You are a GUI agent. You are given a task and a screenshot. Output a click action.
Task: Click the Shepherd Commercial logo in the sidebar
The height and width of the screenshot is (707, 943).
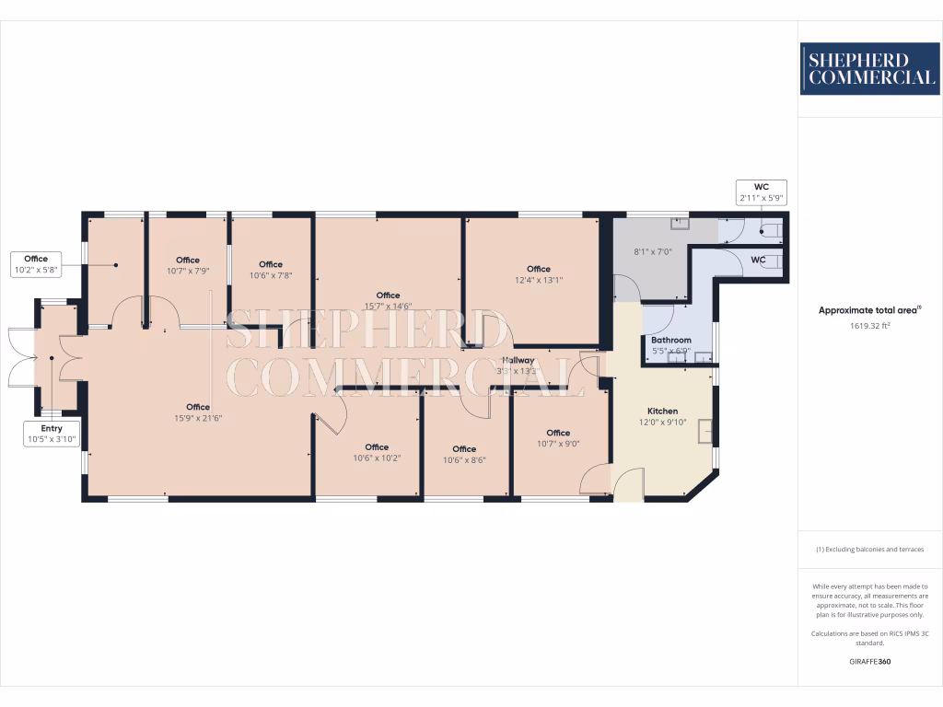coord(869,69)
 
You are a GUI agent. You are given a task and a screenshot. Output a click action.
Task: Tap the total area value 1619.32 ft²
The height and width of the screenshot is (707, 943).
coord(869,326)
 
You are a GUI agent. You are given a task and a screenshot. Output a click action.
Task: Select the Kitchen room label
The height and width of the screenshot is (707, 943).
coord(662,411)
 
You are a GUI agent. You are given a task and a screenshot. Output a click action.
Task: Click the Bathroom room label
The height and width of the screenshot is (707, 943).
coord(670,340)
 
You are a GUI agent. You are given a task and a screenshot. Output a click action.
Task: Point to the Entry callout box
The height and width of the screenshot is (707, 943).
coord(52,434)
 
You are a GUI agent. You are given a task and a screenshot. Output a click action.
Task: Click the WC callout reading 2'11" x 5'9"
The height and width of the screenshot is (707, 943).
coord(761,192)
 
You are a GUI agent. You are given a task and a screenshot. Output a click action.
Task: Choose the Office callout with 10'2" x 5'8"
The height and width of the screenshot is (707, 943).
coord(36,264)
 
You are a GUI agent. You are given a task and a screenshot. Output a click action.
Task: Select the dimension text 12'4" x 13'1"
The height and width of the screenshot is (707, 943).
coord(539,281)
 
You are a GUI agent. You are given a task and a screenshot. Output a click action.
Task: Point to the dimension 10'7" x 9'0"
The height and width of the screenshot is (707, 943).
coord(558,444)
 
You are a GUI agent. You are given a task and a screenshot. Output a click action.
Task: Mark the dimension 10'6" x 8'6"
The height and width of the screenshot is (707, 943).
coord(464,460)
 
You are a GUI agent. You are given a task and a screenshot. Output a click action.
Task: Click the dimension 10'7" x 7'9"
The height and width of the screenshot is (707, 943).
coord(188,272)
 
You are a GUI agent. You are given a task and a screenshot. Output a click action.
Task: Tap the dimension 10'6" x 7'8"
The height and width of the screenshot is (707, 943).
coord(271,275)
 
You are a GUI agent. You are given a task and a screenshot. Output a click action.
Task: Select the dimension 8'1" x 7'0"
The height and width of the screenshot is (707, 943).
coord(653,251)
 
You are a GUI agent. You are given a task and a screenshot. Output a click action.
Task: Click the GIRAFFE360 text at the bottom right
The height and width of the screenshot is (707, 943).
coord(869,662)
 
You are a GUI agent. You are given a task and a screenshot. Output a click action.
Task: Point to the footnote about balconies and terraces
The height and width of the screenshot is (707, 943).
coord(869,550)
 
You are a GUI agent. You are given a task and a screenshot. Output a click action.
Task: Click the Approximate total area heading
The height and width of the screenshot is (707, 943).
coord(869,311)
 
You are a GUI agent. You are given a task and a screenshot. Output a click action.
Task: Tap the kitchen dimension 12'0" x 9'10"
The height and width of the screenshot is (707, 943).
coord(662,423)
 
